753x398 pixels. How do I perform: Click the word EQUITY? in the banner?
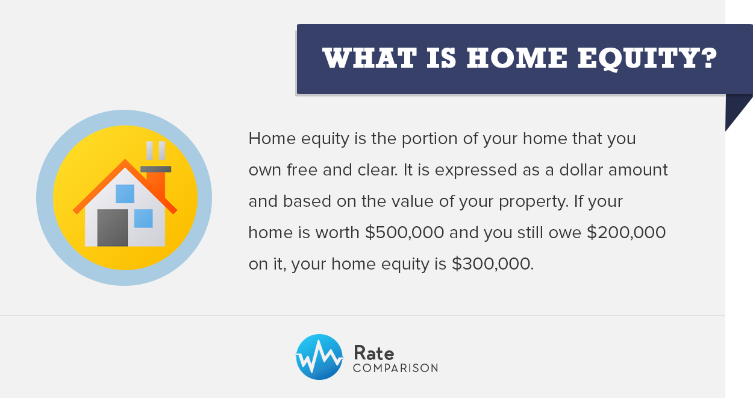click(648, 58)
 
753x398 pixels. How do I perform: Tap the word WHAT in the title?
click(369, 58)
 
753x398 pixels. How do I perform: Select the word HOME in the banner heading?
click(517, 58)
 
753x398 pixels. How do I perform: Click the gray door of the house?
click(113, 228)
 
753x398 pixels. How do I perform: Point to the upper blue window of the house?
click(125, 194)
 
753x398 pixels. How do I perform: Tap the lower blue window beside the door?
click(143, 218)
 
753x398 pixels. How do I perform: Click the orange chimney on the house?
click(156, 185)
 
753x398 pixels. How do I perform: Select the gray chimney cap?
click(155, 169)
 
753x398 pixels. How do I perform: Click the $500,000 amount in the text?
click(404, 233)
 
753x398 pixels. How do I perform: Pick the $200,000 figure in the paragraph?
click(626, 233)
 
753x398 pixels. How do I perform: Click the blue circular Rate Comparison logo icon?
click(319, 357)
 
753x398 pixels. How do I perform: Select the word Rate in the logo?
click(374, 353)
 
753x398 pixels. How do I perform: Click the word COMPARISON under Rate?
click(396, 368)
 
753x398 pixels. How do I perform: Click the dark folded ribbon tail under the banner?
click(736, 109)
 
